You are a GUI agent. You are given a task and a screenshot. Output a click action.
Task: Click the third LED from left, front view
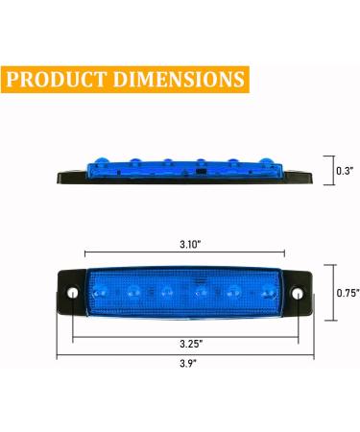pyautogui.click(x=167, y=289)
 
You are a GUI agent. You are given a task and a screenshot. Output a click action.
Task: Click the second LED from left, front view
pyautogui.click(x=136, y=289)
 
